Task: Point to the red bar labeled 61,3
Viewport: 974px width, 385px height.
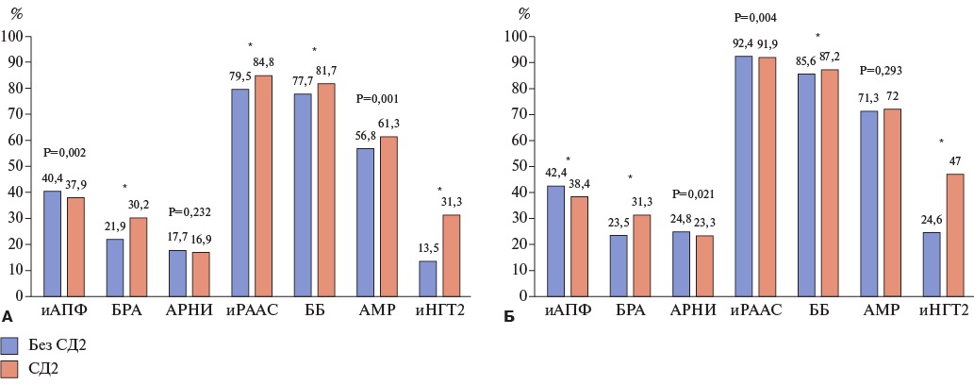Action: (388, 216)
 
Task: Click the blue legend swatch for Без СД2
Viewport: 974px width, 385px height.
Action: (10, 344)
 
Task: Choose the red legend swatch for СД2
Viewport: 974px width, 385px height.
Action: (10, 370)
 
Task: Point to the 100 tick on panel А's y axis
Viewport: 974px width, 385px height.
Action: (15, 37)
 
